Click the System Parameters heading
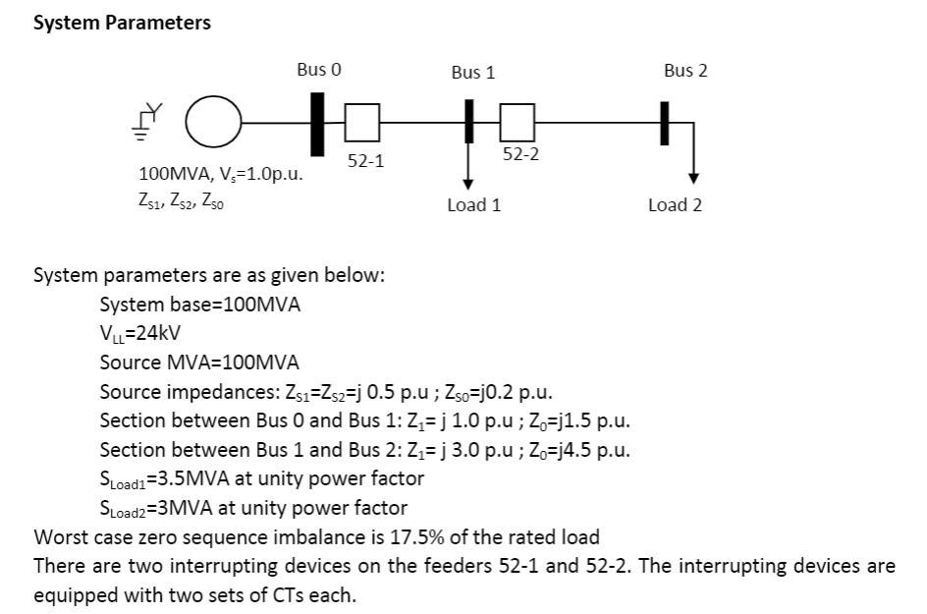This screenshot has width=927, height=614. pyautogui.click(x=122, y=23)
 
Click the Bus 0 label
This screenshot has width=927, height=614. pyautogui.click(x=319, y=70)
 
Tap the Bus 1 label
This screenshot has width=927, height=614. pyautogui.click(x=473, y=72)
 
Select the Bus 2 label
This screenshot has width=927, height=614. pyautogui.click(x=684, y=70)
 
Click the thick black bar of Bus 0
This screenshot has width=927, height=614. pyautogui.click(x=317, y=124)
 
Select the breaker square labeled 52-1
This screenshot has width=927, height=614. pyautogui.click(x=361, y=123)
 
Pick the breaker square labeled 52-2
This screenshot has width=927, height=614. pyautogui.click(x=517, y=123)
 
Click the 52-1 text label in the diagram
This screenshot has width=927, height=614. pyautogui.click(x=365, y=160)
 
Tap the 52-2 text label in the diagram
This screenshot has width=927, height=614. pyautogui.click(x=520, y=155)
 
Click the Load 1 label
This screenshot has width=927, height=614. pyautogui.click(x=473, y=205)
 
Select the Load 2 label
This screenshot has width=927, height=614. pyautogui.click(x=675, y=205)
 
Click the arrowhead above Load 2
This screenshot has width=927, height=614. pyautogui.click(x=693, y=178)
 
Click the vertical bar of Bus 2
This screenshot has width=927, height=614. pyautogui.click(x=665, y=124)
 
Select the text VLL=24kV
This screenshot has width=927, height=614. pyautogui.click(x=140, y=334)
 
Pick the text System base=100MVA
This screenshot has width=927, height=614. pyautogui.click(x=200, y=305)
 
